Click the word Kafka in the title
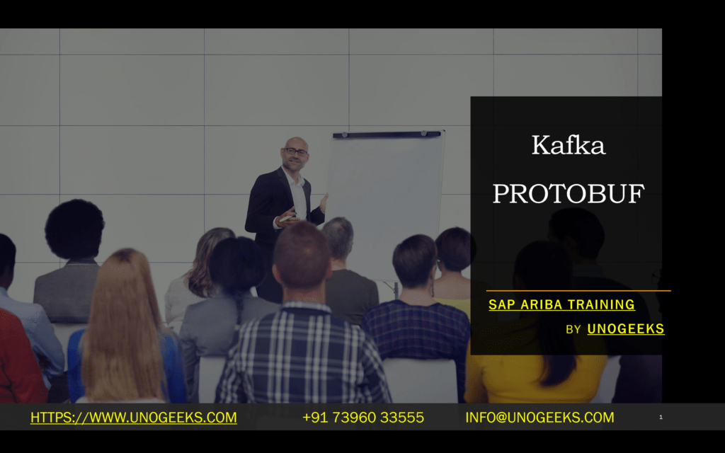click(x=568, y=146)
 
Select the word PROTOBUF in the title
click(x=568, y=193)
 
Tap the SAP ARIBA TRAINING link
click(x=561, y=305)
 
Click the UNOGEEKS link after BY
click(x=626, y=329)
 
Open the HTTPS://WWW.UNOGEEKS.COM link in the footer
click(x=133, y=418)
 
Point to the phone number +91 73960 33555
click(x=363, y=418)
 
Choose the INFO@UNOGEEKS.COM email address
click(x=540, y=418)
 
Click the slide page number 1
click(x=661, y=418)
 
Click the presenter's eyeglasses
click(x=296, y=151)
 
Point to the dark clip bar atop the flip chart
click(x=387, y=134)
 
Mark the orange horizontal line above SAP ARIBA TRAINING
click(x=578, y=290)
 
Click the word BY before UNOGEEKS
click(x=573, y=330)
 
